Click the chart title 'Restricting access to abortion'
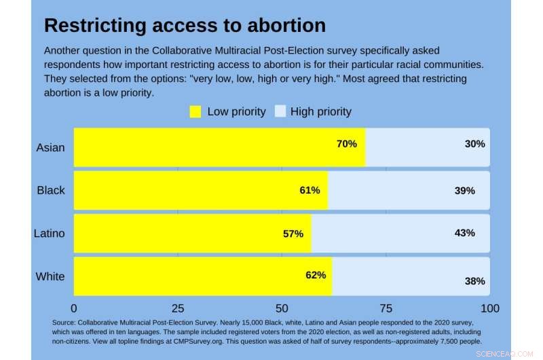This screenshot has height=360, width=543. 185,26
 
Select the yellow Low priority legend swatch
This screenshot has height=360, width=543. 195,111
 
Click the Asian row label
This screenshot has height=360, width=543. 51,147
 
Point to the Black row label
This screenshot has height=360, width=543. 51,190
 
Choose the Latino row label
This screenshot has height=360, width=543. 50,233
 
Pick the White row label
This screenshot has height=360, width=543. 51,276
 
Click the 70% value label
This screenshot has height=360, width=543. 346,144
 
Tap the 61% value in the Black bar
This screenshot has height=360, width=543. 310,190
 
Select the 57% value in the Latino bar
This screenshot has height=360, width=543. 293,234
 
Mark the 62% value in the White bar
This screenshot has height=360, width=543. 316,275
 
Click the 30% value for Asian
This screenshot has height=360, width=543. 474,144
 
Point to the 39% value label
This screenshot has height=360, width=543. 465,191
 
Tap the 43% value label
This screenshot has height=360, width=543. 465,233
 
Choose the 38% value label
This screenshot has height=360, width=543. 474,281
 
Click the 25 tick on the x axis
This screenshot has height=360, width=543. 178,308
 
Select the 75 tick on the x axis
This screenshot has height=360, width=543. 386,308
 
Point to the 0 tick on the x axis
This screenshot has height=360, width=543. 74,308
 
